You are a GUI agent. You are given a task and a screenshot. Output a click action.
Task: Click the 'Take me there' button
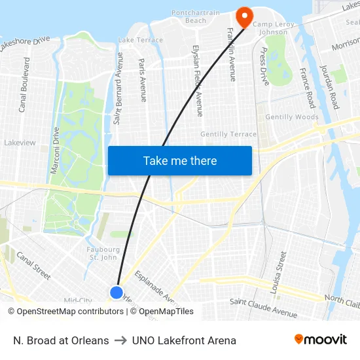click(x=180, y=160)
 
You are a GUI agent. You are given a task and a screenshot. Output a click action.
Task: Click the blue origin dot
click(x=117, y=293)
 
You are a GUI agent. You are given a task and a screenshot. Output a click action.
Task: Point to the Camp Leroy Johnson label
click(x=270, y=27)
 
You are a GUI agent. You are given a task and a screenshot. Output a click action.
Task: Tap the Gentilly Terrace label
click(x=228, y=134)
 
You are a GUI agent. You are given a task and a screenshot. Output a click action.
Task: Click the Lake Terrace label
click(x=141, y=41)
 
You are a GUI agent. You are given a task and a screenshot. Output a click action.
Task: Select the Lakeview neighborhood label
click(x=20, y=142)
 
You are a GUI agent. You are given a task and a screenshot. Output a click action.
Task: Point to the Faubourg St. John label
click(x=103, y=253)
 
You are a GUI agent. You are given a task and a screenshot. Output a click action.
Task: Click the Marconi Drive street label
click(x=56, y=150)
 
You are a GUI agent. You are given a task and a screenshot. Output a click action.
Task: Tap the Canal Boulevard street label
click(x=24, y=84)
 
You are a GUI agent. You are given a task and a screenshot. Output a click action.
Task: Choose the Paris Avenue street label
click(x=143, y=80)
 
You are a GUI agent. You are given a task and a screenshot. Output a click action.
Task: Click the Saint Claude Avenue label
click(x=263, y=302)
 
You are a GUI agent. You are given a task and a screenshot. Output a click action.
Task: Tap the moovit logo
click(x=320, y=340)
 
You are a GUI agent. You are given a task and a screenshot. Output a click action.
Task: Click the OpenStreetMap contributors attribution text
click(x=65, y=312)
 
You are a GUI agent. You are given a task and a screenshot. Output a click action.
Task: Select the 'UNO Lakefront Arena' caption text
click(x=184, y=340)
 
